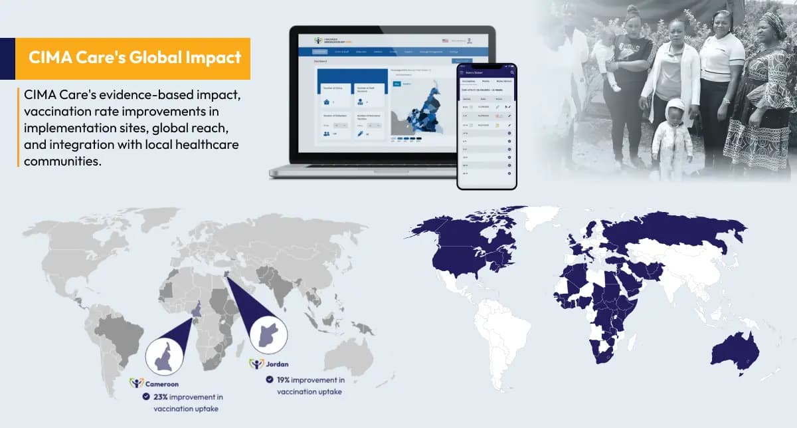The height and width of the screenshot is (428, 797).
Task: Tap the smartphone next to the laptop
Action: pyautogui.click(x=486, y=126)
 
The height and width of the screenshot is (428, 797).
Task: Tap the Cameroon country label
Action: pyautogui.click(x=162, y=383)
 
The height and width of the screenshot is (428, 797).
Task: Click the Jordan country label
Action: pyautogui.click(x=278, y=364)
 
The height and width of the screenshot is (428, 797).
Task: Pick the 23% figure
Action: pyautogui.click(x=161, y=397)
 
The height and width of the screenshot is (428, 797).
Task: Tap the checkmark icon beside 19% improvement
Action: pyautogui.click(x=269, y=379)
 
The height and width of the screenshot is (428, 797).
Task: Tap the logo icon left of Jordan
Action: pyautogui.click(x=256, y=364)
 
